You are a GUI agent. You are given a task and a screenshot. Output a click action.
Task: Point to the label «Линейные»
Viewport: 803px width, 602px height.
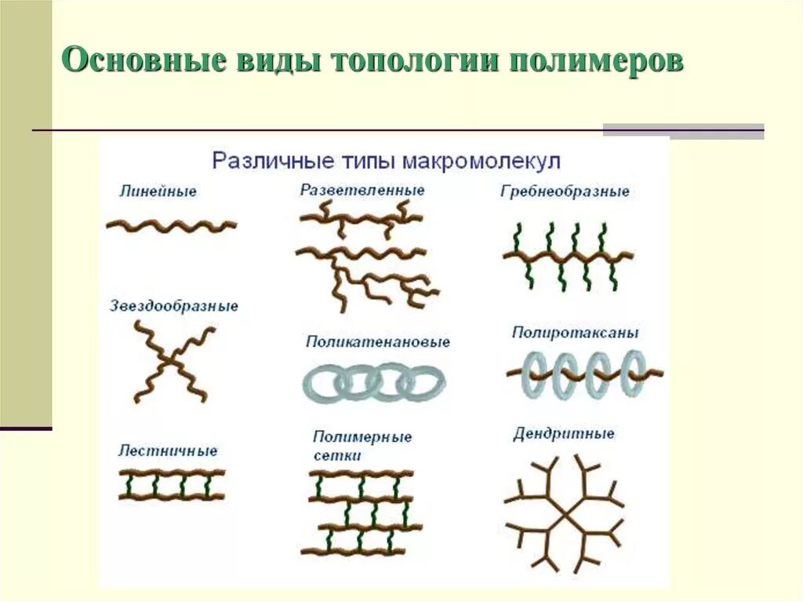pos(158,191)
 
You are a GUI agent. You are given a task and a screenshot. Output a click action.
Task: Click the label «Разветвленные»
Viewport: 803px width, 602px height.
pos(362,190)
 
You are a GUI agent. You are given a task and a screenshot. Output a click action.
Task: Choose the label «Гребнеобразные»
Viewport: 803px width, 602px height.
pos(565,192)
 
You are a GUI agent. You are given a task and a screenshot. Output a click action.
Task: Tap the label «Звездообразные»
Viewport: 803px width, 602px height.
pos(173,306)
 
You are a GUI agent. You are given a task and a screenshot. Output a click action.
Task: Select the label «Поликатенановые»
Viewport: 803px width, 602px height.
pos(378,342)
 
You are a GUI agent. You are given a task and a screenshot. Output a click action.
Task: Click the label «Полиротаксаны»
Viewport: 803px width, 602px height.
pos(575,333)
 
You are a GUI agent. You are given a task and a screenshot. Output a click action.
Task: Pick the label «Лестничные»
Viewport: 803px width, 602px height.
pos(168,451)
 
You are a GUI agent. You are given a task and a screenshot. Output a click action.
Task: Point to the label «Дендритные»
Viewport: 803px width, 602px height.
pos(564,434)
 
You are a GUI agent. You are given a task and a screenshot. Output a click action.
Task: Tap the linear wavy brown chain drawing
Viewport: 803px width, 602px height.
pos(171,226)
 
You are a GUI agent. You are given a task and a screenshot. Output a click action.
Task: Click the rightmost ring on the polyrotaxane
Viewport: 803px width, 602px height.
pos(634,372)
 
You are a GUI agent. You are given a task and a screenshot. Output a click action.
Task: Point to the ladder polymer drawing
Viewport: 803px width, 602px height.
pos(172,484)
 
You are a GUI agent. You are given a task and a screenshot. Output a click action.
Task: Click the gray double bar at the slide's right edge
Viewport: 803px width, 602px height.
pos(683,130)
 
